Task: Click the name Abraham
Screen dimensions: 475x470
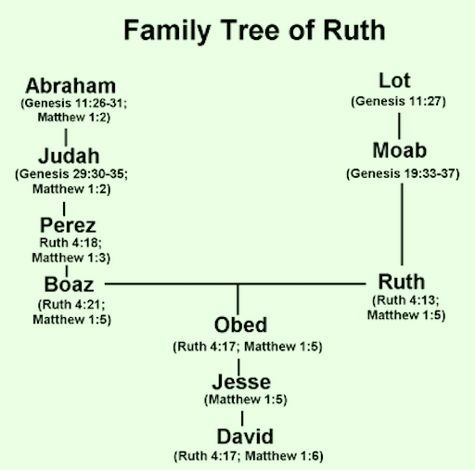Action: coord(71,85)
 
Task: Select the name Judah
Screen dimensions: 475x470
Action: coord(69,156)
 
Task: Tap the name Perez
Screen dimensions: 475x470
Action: coord(68,225)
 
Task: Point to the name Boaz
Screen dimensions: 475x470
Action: coord(69,285)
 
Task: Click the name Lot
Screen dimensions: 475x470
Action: coord(394,81)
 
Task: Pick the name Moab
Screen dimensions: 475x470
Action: coord(400,150)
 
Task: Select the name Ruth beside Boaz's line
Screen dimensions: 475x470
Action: coord(402,282)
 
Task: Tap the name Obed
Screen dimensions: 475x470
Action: coord(240,324)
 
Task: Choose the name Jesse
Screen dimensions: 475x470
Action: coord(241,382)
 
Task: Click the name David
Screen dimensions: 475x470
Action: coord(245,437)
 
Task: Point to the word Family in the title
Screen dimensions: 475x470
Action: coord(167,31)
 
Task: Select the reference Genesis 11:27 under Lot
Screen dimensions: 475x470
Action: coord(398,101)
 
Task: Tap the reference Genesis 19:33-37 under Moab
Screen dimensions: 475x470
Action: coord(403,173)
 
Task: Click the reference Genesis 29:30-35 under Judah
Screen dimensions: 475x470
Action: coord(71,173)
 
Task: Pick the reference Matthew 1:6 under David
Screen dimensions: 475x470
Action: coord(284,456)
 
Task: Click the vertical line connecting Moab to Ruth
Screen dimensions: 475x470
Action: coord(402,224)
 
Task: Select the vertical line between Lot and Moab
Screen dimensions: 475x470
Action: coord(399,126)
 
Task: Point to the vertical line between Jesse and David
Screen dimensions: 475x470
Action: coord(242,418)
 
